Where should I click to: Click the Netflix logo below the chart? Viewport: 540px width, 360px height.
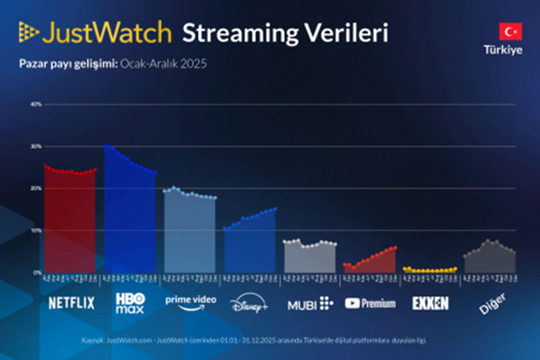tap(71, 303)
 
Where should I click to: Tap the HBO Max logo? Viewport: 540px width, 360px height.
tap(130, 303)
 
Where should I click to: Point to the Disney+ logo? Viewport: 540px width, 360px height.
tap(249, 303)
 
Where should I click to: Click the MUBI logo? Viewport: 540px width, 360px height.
tap(309, 303)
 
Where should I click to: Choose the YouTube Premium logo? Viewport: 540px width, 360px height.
tap(370, 303)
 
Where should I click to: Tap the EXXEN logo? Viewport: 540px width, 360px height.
tap(430, 303)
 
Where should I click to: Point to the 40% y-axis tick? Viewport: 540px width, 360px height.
tap(37, 104)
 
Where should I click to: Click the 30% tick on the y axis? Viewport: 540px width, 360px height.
tap(37, 146)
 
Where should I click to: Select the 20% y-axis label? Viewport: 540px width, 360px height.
tap(37, 189)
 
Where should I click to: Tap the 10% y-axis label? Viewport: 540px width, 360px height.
tap(37, 231)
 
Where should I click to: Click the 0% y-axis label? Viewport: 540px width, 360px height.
tap(38, 272)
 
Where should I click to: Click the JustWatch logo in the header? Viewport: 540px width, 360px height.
tap(94, 33)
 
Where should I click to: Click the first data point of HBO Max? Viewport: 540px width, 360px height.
tap(105, 145)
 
